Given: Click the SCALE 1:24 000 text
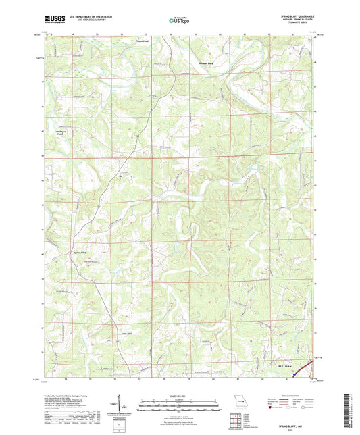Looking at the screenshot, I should point(179,395).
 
